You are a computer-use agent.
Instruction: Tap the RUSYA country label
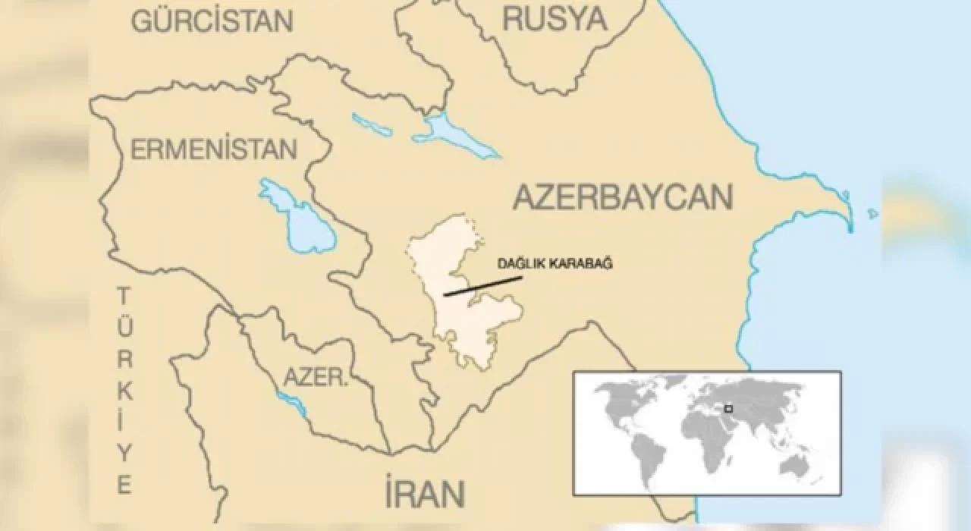(x=555, y=20)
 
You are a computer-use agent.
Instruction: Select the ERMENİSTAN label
(x=214, y=149)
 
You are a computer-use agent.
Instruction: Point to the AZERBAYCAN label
(x=624, y=196)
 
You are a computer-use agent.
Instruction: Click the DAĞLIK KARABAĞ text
(x=554, y=264)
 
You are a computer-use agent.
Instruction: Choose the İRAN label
(x=424, y=495)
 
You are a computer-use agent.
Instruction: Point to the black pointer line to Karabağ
(x=482, y=286)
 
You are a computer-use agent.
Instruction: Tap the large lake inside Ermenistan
(x=300, y=220)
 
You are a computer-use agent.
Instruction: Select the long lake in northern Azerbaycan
(x=455, y=137)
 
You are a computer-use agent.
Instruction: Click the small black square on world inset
(x=729, y=409)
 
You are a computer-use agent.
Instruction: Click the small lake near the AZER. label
(x=291, y=401)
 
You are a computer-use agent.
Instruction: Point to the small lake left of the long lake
(x=371, y=126)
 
